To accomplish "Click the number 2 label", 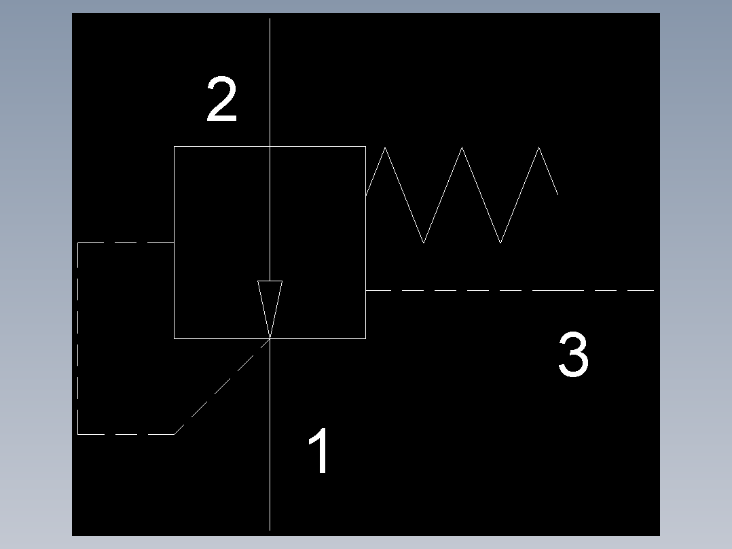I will point(222,101).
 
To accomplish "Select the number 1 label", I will point(320,452).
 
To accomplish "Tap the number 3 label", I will point(573,355).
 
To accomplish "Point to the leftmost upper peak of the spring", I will point(385,147).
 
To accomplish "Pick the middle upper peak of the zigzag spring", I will point(462,147).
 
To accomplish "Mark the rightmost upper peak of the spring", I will point(540,147).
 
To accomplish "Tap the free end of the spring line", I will point(557,194).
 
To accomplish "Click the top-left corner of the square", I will point(175,146).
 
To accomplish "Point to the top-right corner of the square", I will point(365,146).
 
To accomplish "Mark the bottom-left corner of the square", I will point(175,338).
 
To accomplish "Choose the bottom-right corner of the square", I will point(365,338).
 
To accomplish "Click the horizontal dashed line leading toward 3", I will point(509,290).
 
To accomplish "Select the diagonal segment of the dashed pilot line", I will point(221,387).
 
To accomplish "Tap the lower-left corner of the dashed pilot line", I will point(78,433).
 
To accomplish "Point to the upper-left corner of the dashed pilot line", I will point(78,242).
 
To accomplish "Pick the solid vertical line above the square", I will point(270,82).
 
